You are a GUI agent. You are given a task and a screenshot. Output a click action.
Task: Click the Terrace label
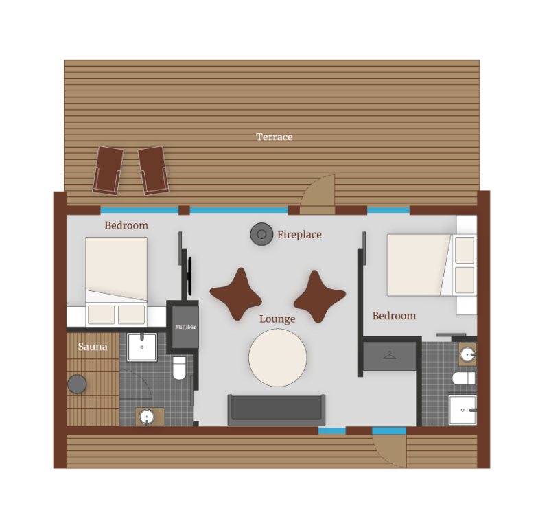click(274, 137)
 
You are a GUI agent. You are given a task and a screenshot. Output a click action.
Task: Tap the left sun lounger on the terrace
click(108, 170)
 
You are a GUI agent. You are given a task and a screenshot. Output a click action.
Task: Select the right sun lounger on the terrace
click(153, 169)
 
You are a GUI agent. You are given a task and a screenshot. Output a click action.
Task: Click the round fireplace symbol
click(261, 234)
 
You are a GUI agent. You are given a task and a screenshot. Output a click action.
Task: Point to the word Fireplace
click(299, 235)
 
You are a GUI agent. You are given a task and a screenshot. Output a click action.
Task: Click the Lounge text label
click(277, 319)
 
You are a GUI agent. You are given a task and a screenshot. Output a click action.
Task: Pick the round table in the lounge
click(277, 357)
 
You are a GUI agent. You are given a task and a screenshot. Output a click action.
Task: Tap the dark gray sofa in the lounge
click(277, 409)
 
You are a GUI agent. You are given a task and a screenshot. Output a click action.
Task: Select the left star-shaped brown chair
click(236, 294)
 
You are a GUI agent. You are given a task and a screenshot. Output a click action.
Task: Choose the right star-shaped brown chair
click(319, 296)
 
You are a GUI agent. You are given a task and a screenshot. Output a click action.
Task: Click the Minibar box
click(185, 327)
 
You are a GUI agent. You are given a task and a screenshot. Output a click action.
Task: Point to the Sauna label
click(93, 347)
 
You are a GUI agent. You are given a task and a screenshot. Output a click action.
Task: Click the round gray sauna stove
click(77, 384)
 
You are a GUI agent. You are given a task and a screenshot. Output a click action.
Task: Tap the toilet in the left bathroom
click(179, 368)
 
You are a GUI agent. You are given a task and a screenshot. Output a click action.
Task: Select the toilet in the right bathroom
click(464, 378)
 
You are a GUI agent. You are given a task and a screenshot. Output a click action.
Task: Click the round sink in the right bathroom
click(467, 354)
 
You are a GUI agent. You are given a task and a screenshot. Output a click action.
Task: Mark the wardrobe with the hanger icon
click(390, 356)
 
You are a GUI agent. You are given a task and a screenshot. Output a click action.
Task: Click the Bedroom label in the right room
click(394, 316)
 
